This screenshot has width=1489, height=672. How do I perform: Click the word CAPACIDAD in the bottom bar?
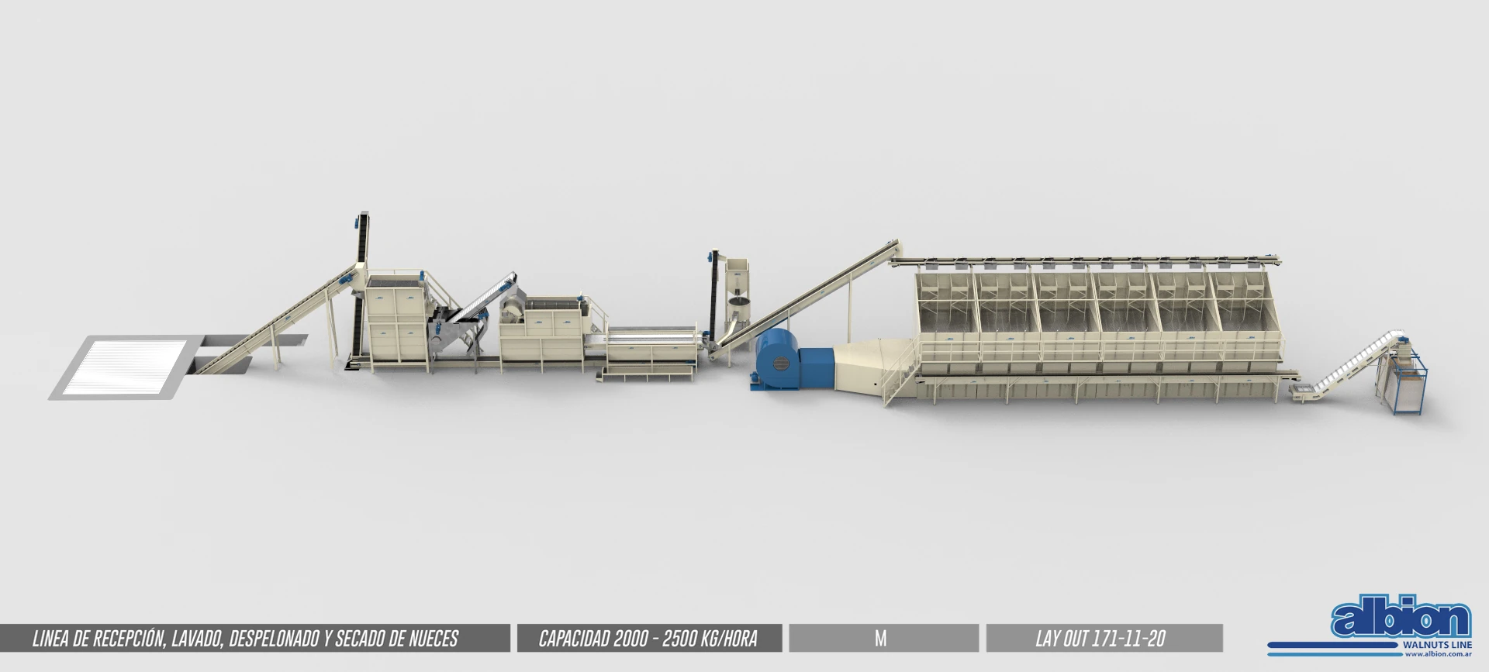point(572,639)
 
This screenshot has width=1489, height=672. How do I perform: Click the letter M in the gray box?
point(880,639)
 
